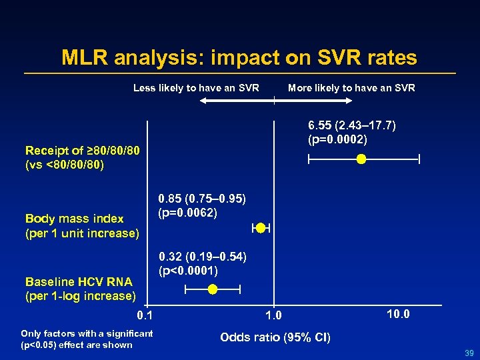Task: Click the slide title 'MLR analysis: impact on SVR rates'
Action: [x=239, y=57]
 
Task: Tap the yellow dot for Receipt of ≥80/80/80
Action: [x=361, y=159]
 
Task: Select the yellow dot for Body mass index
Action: [x=261, y=228]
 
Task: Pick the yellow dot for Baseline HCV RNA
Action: [x=212, y=289]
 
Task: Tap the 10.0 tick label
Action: [x=398, y=313]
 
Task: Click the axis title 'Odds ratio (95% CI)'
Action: [x=275, y=337]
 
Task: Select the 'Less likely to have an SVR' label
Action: [x=196, y=88]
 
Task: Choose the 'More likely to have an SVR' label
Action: [x=351, y=88]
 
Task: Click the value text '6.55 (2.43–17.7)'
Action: [x=352, y=126]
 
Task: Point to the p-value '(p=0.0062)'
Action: [x=188, y=213]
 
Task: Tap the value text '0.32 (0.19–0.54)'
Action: [x=202, y=257]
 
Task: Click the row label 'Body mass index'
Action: [x=74, y=219]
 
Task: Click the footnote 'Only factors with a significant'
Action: [x=87, y=333]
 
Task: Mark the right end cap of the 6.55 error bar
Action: [x=419, y=159]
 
